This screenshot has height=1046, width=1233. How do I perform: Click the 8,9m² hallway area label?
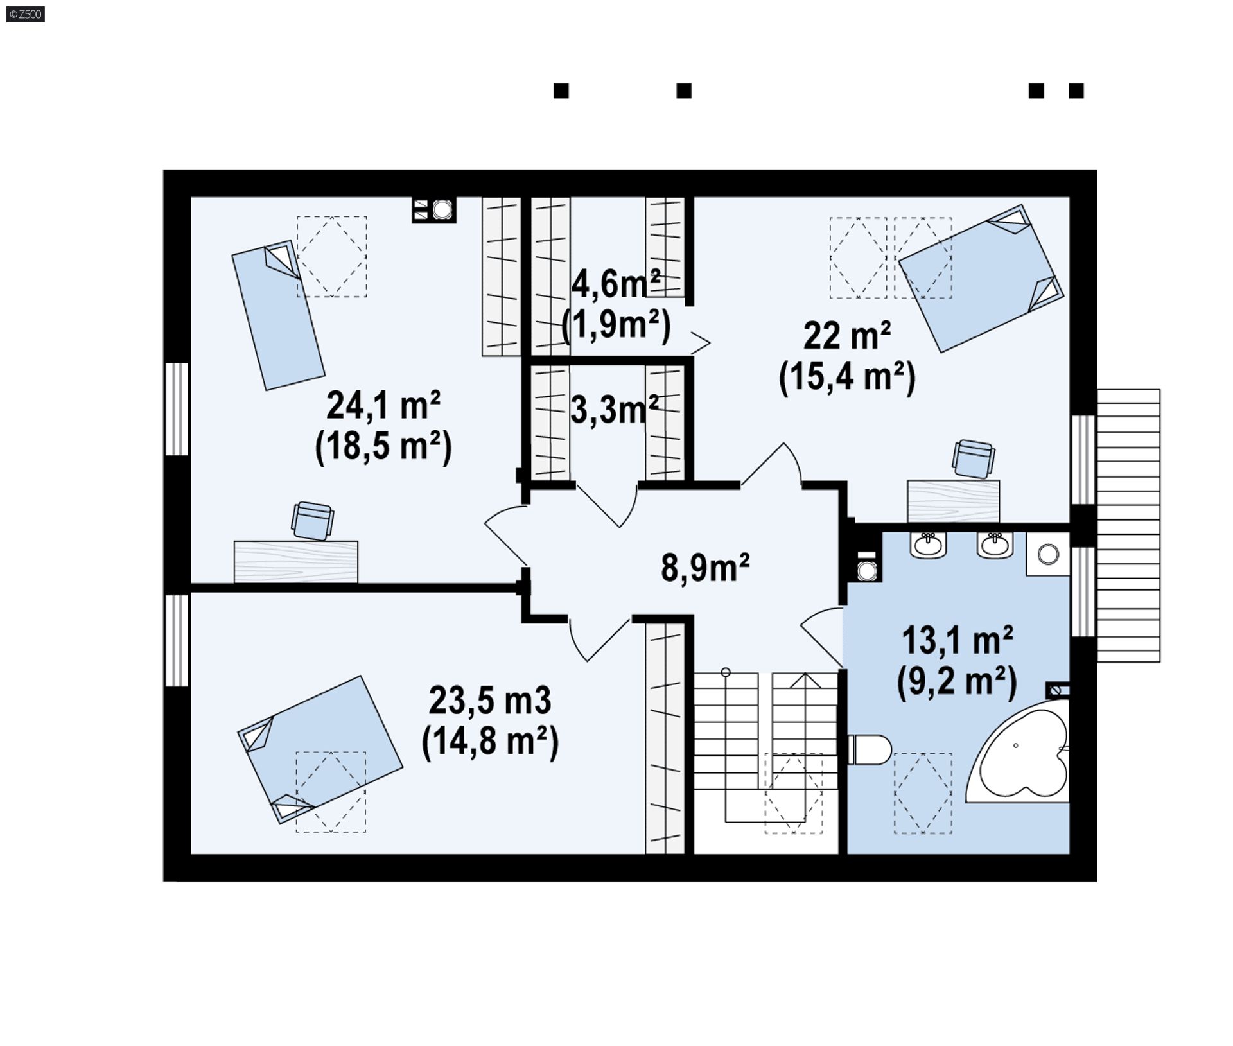[705, 568]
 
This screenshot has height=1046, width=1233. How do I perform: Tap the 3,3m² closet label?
[615, 410]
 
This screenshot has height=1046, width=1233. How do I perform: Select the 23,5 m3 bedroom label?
[490, 700]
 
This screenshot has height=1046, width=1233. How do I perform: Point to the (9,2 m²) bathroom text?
[957, 681]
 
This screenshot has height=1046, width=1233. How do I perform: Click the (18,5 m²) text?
[383, 446]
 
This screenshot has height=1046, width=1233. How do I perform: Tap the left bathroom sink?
[929, 545]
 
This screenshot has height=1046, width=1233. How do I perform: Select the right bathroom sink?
[995, 545]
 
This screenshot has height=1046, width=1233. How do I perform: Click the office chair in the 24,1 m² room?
[312, 520]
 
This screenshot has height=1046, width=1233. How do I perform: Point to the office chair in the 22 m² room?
[974, 459]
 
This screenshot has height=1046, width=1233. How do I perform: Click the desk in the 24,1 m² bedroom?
[295, 562]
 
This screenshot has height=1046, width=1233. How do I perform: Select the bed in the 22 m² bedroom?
[981, 279]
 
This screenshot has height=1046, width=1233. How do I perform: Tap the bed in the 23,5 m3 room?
[320, 749]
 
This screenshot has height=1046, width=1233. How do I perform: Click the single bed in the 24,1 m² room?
[278, 315]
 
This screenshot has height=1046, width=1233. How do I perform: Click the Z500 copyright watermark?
[26, 13]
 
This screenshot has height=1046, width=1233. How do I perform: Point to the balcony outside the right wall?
[1128, 525]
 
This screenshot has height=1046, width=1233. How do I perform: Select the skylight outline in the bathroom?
[923, 793]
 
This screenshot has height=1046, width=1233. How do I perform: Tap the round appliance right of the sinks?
[1048, 554]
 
